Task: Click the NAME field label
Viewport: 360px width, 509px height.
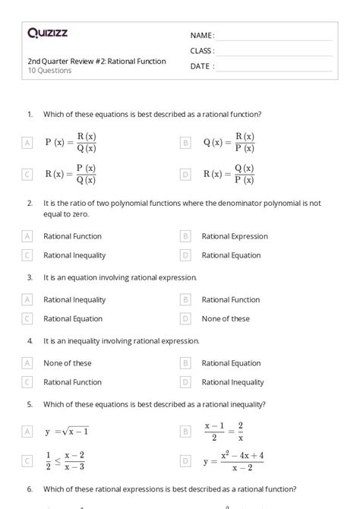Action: click(202, 35)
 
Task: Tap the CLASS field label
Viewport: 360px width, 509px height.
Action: click(202, 51)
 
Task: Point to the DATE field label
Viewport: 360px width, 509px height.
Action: click(202, 66)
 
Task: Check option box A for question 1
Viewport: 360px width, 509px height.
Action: click(27, 142)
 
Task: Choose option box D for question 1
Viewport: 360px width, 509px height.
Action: click(185, 174)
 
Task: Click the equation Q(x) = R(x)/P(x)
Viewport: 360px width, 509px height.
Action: click(229, 142)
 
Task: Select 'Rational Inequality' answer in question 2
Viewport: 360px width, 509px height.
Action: click(74, 256)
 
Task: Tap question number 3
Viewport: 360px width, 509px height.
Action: click(30, 278)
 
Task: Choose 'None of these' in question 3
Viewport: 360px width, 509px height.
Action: click(226, 319)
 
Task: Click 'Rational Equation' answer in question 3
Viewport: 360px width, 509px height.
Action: click(73, 319)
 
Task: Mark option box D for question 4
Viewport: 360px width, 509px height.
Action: click(185, 382)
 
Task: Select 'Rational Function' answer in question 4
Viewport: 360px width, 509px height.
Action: click(72, 382)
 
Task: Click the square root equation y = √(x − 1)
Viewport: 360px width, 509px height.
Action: click(66, 432)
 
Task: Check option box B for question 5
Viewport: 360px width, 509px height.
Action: click(185, 432)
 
